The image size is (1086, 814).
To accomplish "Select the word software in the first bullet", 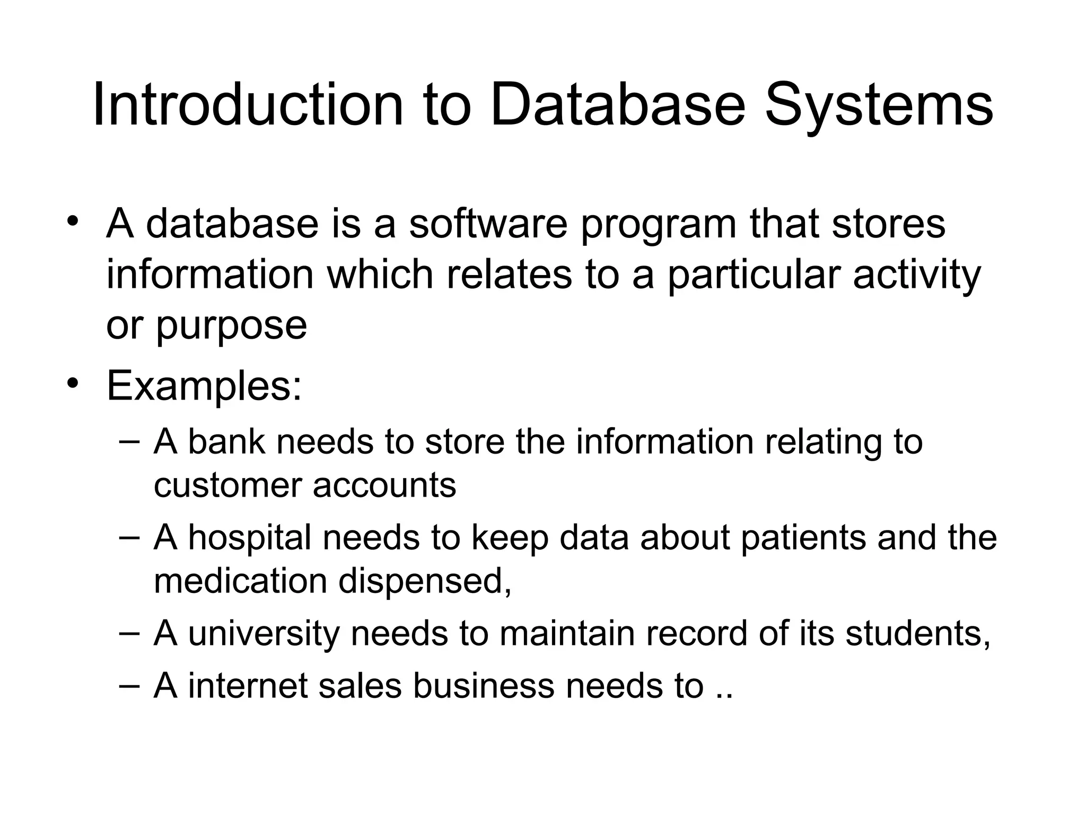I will coord(488,224).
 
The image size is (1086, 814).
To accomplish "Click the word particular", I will coord(754,276).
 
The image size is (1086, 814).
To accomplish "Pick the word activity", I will coord(917,276).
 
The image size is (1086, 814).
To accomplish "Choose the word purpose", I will coord(231,326).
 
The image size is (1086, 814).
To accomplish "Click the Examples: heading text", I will coord(204,386).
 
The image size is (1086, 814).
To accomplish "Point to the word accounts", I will coord(384,485).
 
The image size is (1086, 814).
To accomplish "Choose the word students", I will coord(917,634).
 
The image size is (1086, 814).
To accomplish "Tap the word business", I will coord(483,686).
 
